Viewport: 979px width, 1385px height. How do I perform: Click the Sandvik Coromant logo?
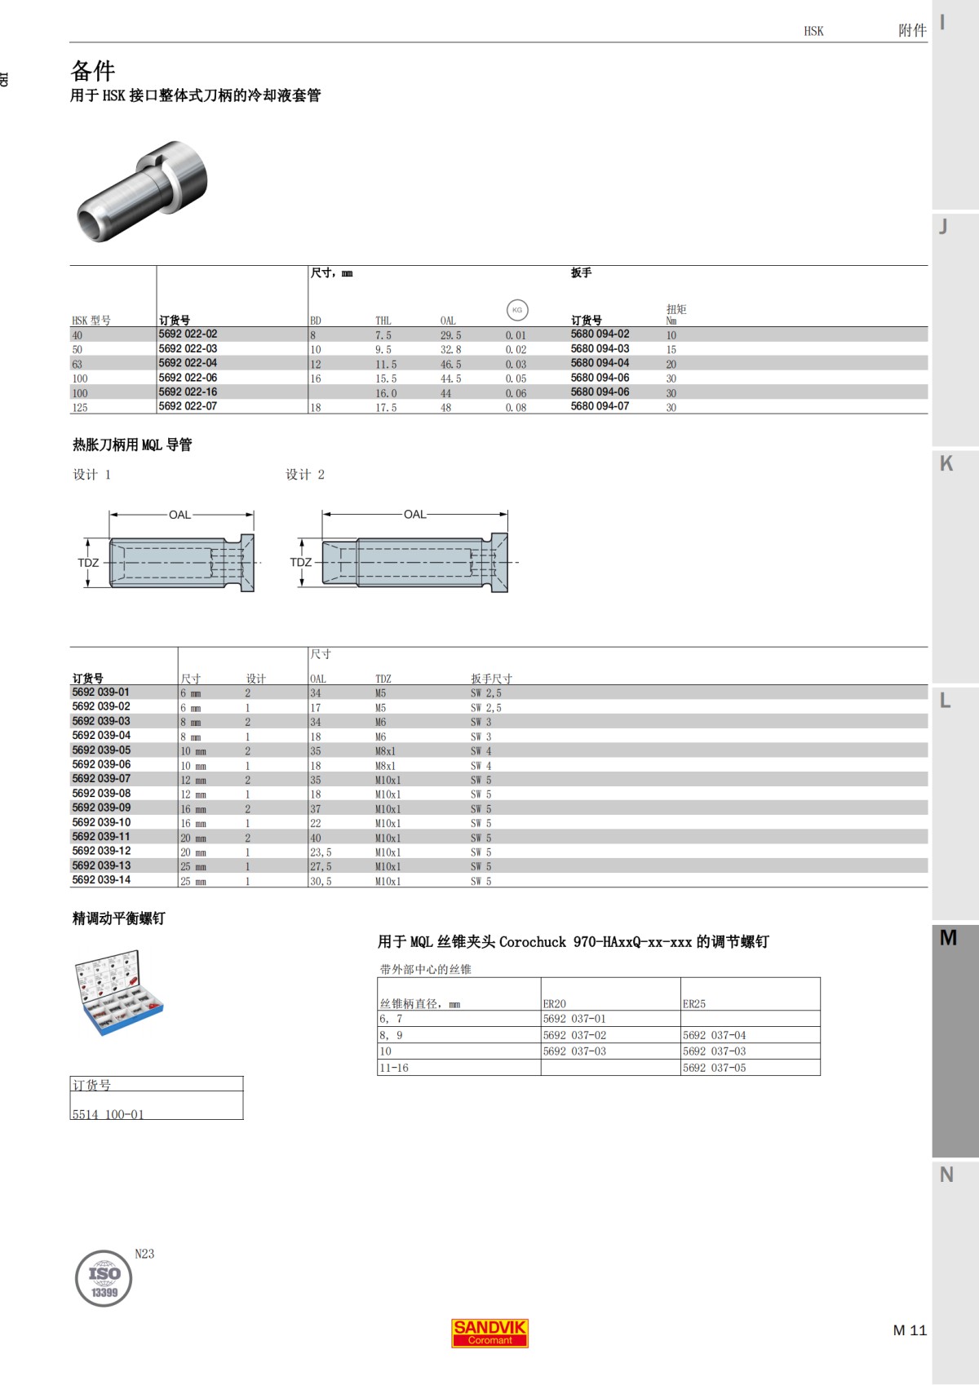tap(489, 1333)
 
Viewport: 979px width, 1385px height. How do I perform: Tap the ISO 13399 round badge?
tap(104, 1278)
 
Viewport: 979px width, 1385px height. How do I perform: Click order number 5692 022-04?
tap(188, 363)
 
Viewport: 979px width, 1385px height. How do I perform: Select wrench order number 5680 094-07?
tap(600, 406)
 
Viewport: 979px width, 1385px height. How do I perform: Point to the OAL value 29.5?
tap(450, 335)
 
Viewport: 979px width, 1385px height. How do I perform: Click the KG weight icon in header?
tap(516, 310)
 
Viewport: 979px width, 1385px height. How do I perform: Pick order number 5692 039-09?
tap(101, 808)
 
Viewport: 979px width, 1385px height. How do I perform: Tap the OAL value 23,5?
tap(321, 852)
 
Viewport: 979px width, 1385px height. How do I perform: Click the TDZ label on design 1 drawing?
tap(88, 563)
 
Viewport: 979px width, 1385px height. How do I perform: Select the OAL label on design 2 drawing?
tap(414, 515)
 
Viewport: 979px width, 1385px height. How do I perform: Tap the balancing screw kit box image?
tap(118, 992)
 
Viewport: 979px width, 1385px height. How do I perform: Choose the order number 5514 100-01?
tap(108, 1114)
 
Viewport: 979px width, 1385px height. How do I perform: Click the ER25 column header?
tap(694, 1004)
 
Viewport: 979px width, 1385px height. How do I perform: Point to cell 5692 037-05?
tap(714, 1068)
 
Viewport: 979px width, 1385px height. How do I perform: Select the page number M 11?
tap(910, 1330)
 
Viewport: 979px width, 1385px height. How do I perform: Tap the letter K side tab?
tap(946, 463)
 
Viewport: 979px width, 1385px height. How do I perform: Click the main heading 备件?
tap(93, 70)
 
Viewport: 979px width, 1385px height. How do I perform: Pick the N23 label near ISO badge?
tap(144, 1254)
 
